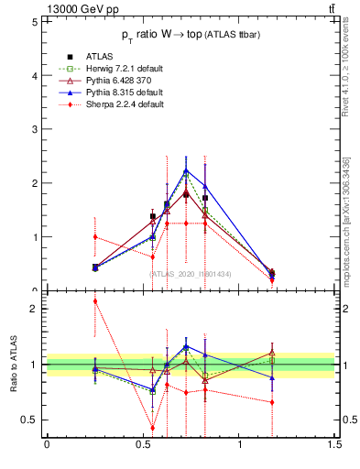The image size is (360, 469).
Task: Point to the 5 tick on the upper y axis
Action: point(35,22)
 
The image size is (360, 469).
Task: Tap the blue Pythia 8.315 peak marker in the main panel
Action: point(186,170)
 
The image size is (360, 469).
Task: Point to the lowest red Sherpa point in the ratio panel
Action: point(153,428)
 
